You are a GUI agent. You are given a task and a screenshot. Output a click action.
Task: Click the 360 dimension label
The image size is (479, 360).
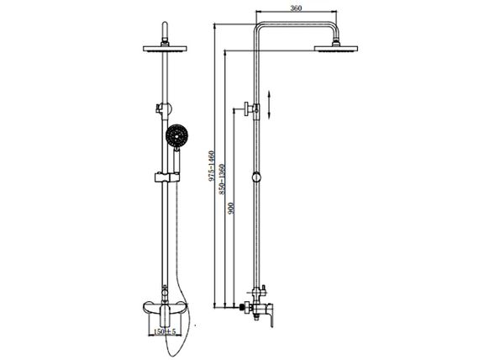tap(296, 8)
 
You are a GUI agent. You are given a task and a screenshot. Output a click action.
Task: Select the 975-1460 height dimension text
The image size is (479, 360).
tap(212, 166)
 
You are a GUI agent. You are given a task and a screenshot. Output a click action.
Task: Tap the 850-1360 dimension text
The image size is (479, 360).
tap(222, 179)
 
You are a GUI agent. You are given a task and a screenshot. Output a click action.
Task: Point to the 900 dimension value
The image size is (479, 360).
tap(231, 208)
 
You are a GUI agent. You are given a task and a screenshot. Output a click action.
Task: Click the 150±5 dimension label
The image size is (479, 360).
tap(165, 331)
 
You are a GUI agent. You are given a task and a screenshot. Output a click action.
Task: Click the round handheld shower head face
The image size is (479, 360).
tap(176, 135)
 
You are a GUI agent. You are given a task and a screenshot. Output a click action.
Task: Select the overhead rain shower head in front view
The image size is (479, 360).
tap(165, 49)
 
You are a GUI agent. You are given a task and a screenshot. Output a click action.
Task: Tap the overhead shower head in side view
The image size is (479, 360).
tap(336, 49)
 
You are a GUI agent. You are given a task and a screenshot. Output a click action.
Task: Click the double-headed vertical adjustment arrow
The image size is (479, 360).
tap(269, 104)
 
